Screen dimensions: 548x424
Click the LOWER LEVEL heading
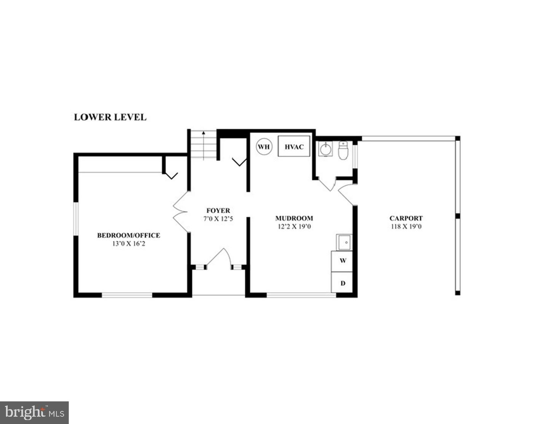tap(110, 117)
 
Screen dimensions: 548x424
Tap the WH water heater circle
tap(264, 146)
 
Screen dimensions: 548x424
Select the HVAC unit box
tap(294, 146)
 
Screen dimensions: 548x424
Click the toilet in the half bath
tap(343, 150)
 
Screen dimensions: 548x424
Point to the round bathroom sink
tap(325, 149)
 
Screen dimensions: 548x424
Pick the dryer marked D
tap(341, 282)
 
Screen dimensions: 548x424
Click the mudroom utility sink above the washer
tap(344, 243)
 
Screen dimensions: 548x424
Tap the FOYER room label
tap(218, 211)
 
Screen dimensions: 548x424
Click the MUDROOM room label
tap(294, 218)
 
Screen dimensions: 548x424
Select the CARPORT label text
tap(406, 218)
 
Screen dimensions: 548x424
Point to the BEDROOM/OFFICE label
tap(129, 235)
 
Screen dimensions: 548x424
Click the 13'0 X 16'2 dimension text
tap(129, 244)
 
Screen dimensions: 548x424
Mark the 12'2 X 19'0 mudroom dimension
tap(294, 227)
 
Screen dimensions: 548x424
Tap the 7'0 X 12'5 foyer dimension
tap(218, 219)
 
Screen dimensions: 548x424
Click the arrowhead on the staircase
tap(204, 133)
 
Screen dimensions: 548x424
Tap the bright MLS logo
tap(34, 413)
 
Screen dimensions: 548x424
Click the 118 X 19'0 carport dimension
tap(406, 227)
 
